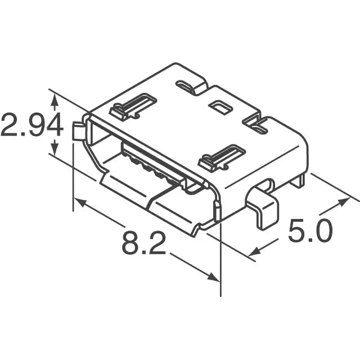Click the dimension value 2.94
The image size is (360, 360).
click(x=31, y=125)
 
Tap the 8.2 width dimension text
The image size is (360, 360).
click(x=144, y=243)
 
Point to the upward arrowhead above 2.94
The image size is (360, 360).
click(x=54, y=100)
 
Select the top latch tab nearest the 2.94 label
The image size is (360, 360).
click(x=133, y=106)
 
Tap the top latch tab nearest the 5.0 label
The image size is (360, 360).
click(x=222, y=157)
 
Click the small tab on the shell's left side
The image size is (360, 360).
click(x=79, y=131)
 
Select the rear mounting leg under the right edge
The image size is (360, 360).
click(x=301, y=180)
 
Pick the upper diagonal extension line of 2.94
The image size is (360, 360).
click(x=67, y=100)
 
